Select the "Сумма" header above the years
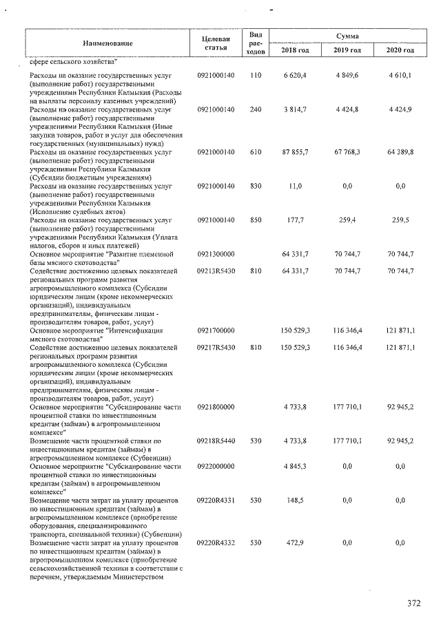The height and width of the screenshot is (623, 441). pyautogui.click(x=347, y=35)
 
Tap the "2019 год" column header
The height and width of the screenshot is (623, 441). pyautogui.click(x=347, y=50)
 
